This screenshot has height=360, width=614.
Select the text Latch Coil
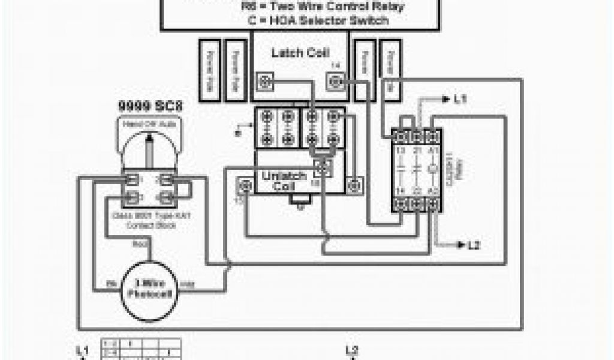300,53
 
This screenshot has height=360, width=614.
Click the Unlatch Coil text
284,181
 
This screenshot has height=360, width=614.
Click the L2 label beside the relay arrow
474,245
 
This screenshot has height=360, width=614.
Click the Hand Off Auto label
149,125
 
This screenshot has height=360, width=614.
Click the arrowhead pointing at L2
461,245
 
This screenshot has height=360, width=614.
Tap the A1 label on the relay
433,149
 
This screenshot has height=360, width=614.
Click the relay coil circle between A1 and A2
433,169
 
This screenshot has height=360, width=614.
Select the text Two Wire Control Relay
314,7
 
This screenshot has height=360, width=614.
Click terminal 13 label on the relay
401,149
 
